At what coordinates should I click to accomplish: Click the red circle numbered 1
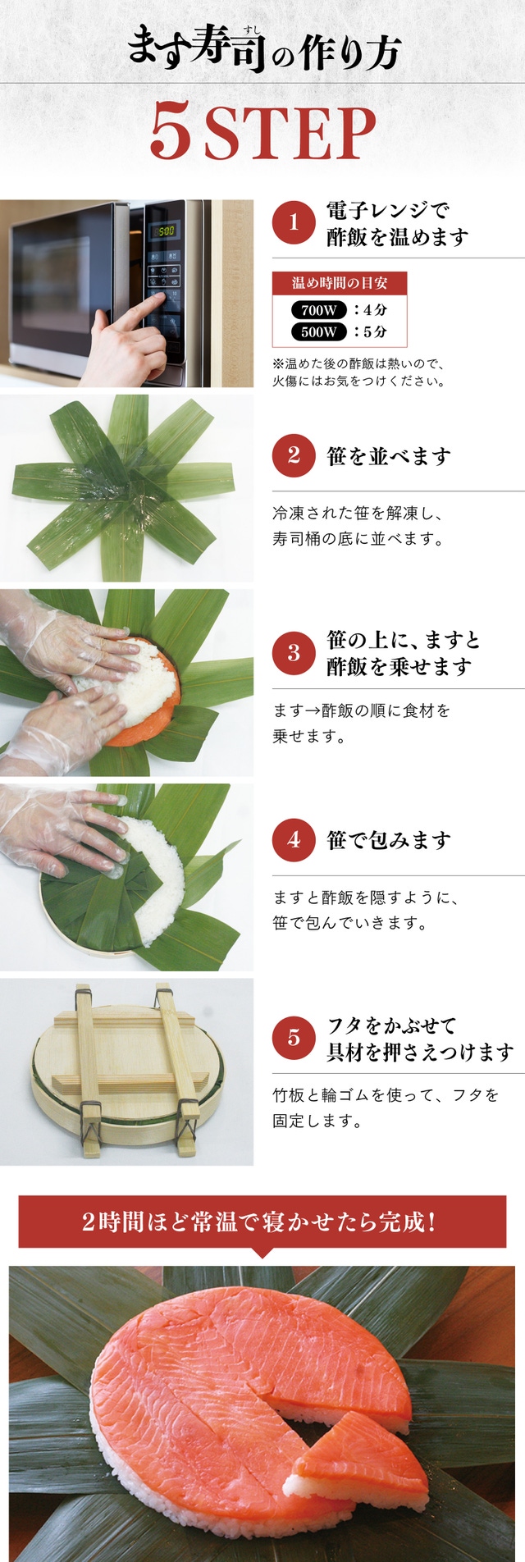click(294, 224)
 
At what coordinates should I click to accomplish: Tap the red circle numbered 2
click(294, 455)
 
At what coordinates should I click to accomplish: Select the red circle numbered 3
click(294, 653)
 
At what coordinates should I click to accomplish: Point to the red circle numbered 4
click(294, 840)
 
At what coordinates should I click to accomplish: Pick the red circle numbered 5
click(294, 1038)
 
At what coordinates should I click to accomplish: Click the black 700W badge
click(318, 310)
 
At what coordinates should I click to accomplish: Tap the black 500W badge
click(318, 331)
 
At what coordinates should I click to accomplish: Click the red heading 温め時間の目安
click(340, 283)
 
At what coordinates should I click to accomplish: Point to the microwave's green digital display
click(166, 231)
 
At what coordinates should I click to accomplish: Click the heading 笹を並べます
click(389, 456)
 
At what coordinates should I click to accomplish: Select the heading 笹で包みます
click(389, 841)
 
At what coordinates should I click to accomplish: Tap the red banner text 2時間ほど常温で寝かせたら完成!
click(258, 1222)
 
